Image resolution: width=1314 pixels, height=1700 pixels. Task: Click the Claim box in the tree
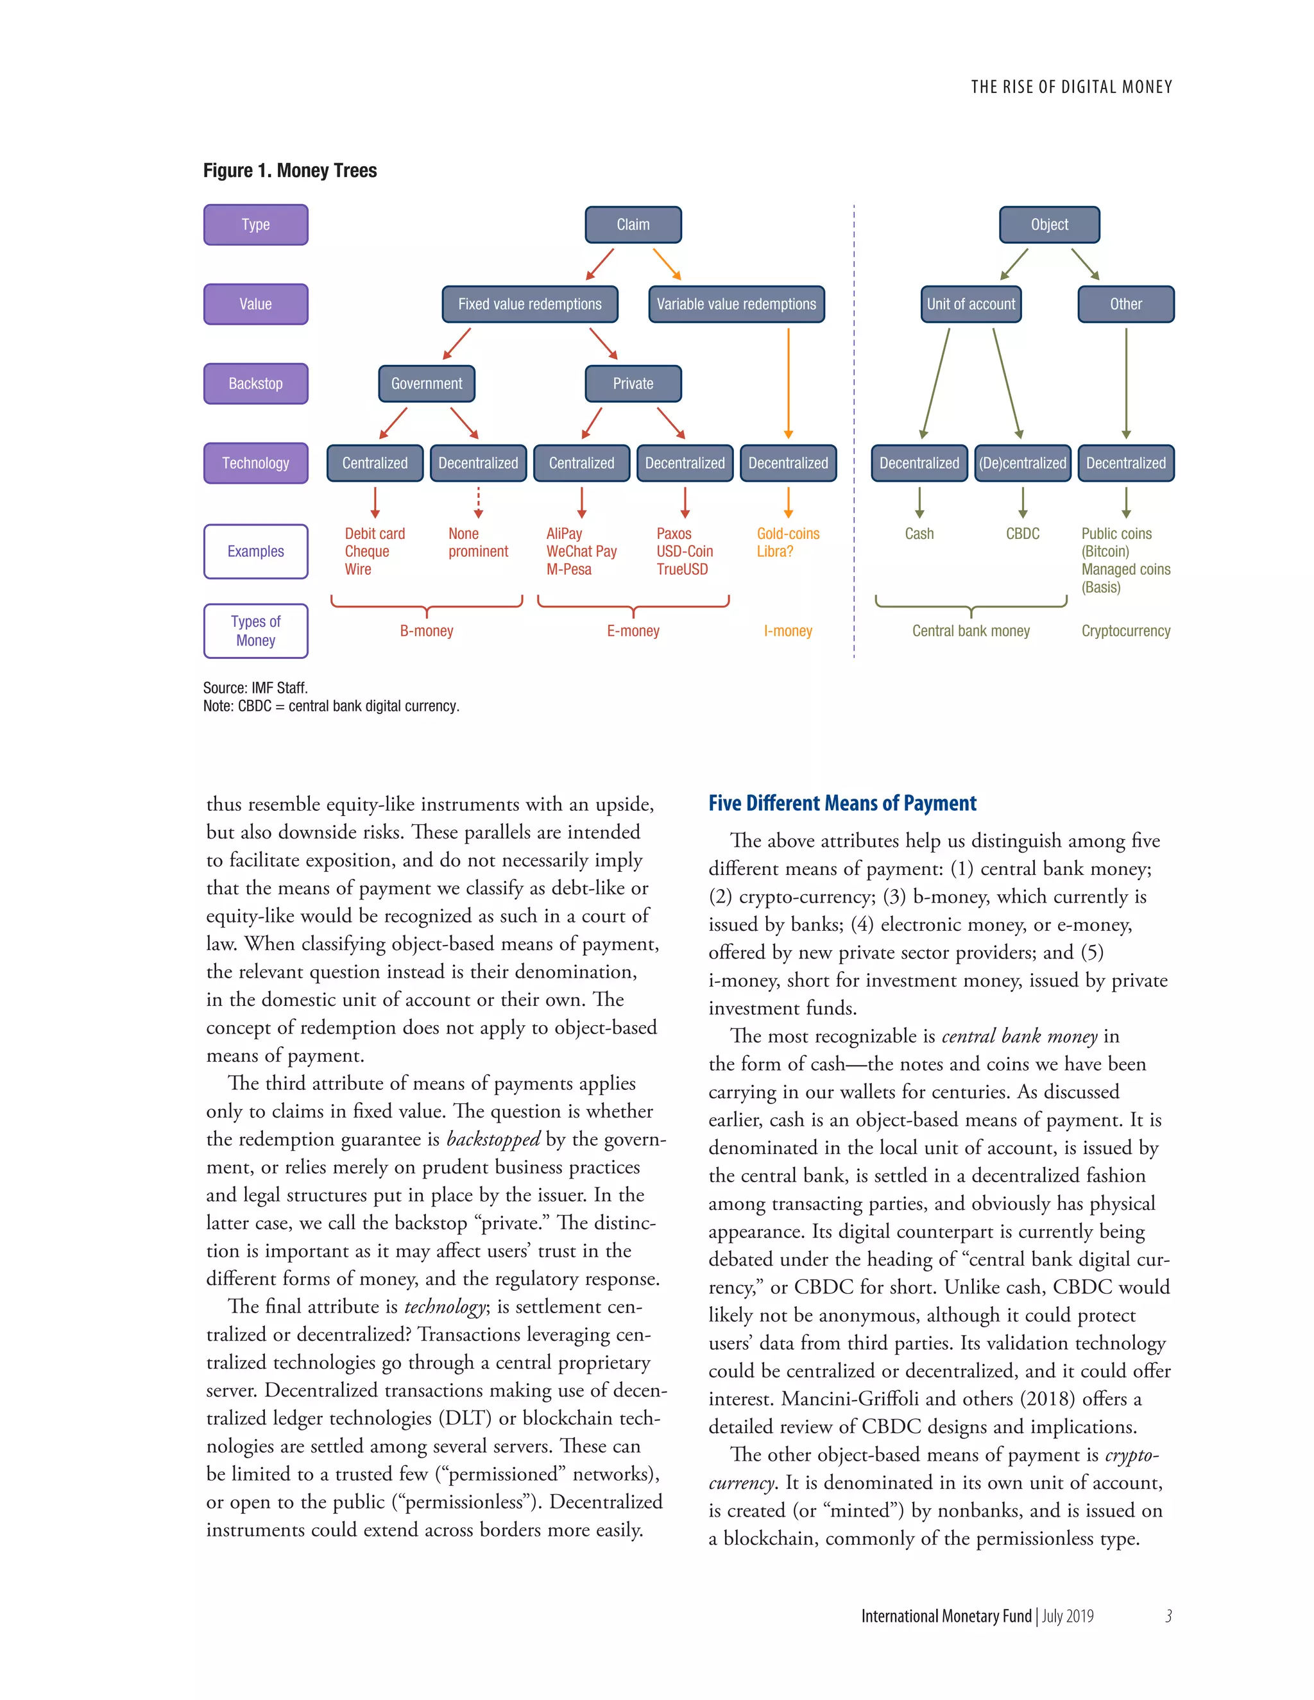[633, 224]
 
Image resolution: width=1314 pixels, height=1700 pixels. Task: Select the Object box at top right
[1048, 224]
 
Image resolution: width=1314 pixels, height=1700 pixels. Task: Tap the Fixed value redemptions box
[529, 303]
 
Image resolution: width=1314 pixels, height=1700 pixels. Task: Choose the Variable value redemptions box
[736, 303]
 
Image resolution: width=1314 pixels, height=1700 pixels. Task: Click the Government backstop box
[427, 383]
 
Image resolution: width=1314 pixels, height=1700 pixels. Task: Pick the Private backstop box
[633, 383]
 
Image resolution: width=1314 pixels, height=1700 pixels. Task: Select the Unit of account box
[971, 303]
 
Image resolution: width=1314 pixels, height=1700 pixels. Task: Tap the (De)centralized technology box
[1022, 463]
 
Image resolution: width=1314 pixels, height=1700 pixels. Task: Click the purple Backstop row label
[255, 383]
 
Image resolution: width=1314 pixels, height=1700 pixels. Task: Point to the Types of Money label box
[255, 631]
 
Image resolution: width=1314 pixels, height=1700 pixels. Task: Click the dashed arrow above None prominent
[478, 502]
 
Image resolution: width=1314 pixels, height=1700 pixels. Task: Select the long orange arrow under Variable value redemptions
[788, 382]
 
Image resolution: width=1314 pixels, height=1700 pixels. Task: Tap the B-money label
[427, 631]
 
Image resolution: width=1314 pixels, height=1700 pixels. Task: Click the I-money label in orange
[788, 631]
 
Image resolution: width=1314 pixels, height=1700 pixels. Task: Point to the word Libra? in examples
[774, 551]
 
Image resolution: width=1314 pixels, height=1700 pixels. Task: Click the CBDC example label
[1022, 533]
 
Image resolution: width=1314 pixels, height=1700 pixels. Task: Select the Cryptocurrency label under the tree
[1125, 631]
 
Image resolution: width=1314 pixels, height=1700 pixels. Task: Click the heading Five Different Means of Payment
[842, 803]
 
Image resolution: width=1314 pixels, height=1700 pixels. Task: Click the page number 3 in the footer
[1168, 1616]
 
